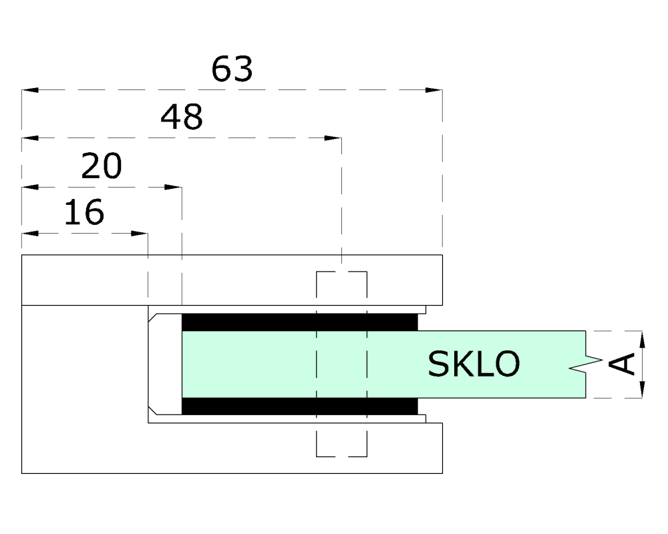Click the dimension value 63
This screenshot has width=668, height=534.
232,69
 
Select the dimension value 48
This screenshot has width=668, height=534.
182,117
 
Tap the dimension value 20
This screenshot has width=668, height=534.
102,166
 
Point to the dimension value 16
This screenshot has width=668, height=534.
84,212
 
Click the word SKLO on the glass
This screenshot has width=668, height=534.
474,364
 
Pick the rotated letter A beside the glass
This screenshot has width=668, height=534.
622,364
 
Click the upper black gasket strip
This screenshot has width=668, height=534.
299,322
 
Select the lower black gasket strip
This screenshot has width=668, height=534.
299,407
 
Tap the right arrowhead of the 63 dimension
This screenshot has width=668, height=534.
434,90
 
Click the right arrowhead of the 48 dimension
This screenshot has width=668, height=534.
333,138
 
